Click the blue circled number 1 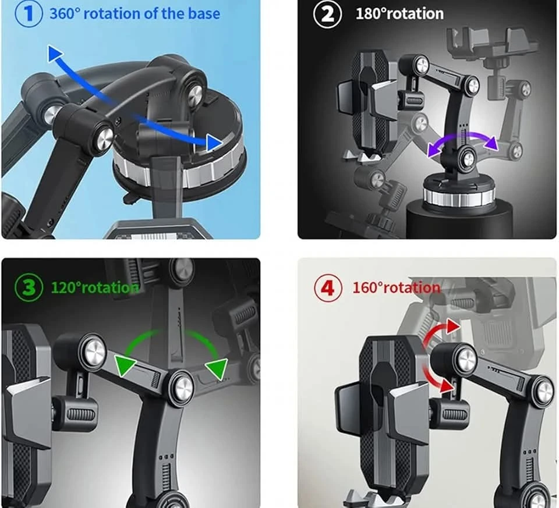coord(29,13)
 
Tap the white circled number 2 coord(327,14)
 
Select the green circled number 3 coord(29,287)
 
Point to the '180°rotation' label coord(399,14)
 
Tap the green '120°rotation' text coord(95,287)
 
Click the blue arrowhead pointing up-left coord(54,54)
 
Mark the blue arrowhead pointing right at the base coord(214,143)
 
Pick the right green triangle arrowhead coord(217,368)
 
